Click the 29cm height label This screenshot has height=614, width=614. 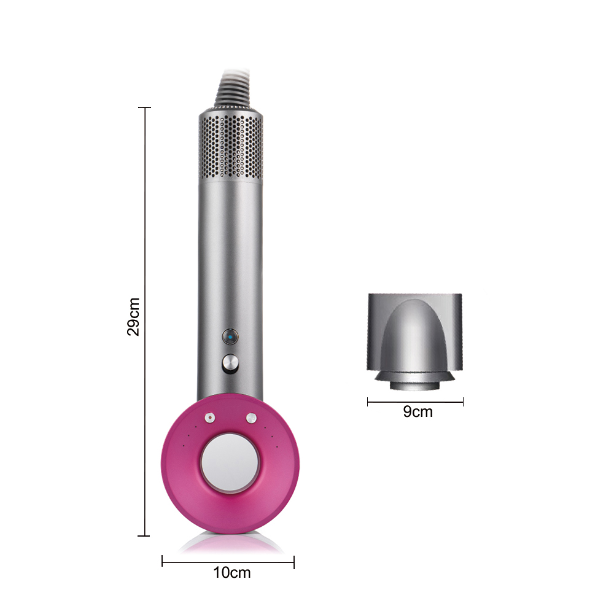(x=133, y=317)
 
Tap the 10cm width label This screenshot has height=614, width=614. (x=232, y=572)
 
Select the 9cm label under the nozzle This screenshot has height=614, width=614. (x=418, y=411)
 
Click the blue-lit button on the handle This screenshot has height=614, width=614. (x=230, y=336)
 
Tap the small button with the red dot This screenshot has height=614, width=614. (x=210, y=418)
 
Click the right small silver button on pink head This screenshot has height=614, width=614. (x=251, y=418)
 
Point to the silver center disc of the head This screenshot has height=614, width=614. (x=230, y=463)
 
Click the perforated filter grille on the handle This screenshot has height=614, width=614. (x=231, y=146)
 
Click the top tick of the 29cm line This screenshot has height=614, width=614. (x=144, y=107)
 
